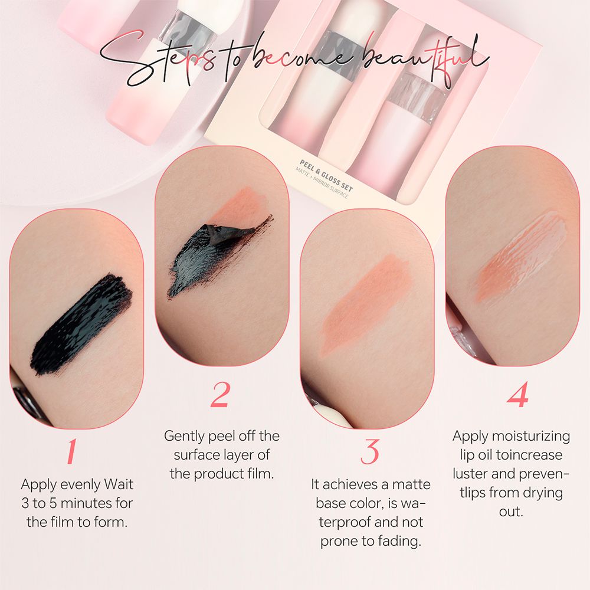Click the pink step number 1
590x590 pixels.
point(71,451)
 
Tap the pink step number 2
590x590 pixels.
point(219,394)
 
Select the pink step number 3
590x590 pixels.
point(369,451)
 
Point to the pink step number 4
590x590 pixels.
point(517,394)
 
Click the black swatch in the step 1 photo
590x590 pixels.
point(81,324)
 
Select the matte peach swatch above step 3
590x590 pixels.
point(367,303)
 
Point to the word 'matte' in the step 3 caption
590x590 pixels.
point(411,484)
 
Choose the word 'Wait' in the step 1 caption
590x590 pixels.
point(119,484)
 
